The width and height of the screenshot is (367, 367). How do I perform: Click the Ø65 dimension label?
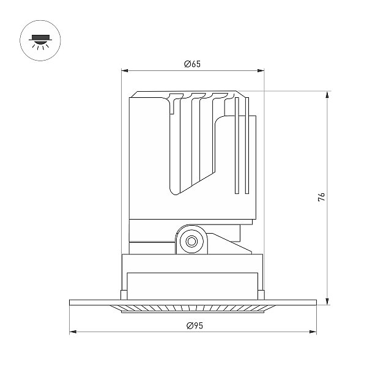pyautogui.click(x=193, y=64)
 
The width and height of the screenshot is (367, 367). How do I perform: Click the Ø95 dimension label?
pyautogui.click(x=195, y=325)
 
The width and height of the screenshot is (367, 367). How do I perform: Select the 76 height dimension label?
pyautogui.click(x=322, y=197)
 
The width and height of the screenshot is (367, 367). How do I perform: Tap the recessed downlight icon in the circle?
pyautogui.click(x=40, y=42)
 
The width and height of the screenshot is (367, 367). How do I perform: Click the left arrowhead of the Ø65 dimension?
pyautogui.click(x=125, y=71)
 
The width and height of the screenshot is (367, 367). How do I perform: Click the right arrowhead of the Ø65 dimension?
pyautogui.click(x=261, y=71)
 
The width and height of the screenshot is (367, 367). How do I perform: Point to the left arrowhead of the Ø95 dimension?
pyautogui.click(x=73, y=332)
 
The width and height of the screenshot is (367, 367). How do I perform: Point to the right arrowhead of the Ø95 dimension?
pyautogui.click(x=313, y=332)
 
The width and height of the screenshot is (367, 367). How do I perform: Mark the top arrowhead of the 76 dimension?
pyautogui.click(x=328, y=95)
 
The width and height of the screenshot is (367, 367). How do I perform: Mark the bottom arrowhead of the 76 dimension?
pyautogui.click(x=328, y=302)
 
